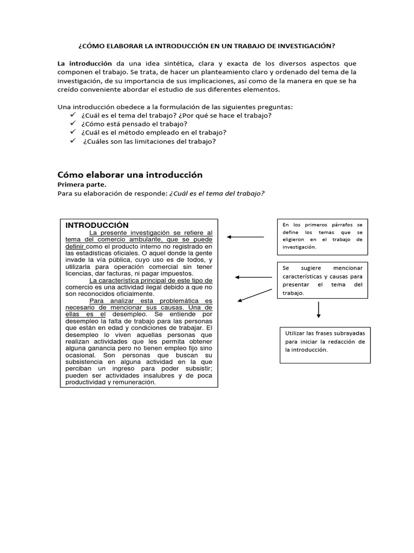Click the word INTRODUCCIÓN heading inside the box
tap(97, 225)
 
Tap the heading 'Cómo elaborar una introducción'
tap(130, 175)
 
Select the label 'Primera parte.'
tap(82, 185)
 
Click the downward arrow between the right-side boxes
tap(319, 309)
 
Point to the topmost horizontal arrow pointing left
tap(245, 237)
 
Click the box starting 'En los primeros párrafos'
tap(322, 235)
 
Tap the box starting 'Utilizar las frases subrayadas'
tap(325, 345)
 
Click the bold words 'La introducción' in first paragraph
tap(85, 63)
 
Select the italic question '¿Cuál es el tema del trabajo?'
tap(217, 194)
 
